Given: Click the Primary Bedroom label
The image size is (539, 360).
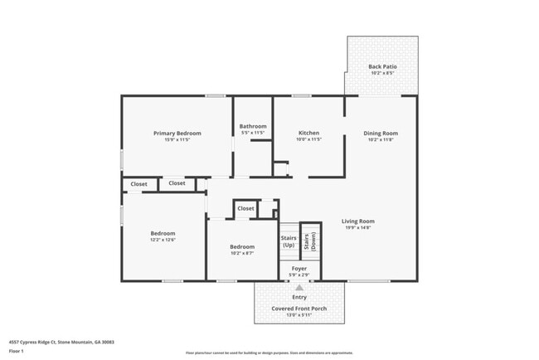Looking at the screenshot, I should pos(177,133).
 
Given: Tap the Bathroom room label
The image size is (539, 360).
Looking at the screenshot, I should pos(252,126).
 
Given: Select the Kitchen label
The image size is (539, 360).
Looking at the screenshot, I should pos(308,133).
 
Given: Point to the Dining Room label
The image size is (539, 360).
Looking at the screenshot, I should pos(381,133).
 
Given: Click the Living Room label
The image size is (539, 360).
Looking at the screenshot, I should pos(358,221).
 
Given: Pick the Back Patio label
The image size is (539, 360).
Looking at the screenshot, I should pos(381,66).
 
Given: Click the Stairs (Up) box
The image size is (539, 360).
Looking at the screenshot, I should pos(289,241).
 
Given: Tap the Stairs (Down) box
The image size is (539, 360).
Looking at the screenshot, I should pos(310,241).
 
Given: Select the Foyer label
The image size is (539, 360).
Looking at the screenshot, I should pos(299,268).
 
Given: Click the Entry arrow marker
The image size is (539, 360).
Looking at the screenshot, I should pos(299,289).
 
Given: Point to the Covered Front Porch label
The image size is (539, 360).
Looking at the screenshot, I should pos(299,309).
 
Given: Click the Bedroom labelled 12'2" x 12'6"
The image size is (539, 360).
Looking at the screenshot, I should pos(163,234).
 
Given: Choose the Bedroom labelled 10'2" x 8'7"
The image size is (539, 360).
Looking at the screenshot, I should pos(242,247).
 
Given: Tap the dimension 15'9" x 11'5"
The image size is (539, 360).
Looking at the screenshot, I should pos(177,139).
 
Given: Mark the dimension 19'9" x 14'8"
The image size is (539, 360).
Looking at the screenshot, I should pos(358,228).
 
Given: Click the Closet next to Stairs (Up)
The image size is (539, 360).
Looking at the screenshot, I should pos(246,209).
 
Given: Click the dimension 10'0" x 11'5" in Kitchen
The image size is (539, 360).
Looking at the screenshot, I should pos(308,139).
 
